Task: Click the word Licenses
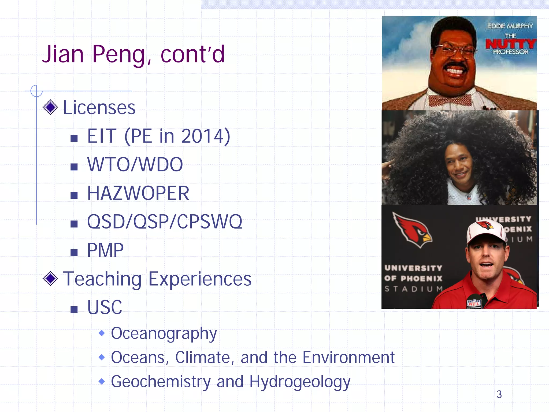(x=99, y=108)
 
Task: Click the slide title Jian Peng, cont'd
(x=133, y=54)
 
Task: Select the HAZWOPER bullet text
(x=138, y=193)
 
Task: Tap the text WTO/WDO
(x=135, y=164)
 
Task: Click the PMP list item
(x=105, y=250)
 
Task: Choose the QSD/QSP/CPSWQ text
(x=165, y=222)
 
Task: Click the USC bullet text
(x=105, y=307)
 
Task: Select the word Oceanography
(x=164, y=333)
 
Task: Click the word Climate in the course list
(x=202, y=358)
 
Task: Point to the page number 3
(x=499, y=394)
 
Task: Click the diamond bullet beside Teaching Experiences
(x=50, y=279)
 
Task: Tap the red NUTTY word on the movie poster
(x=510, y=43)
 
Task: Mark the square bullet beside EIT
(x=74, y=138)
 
